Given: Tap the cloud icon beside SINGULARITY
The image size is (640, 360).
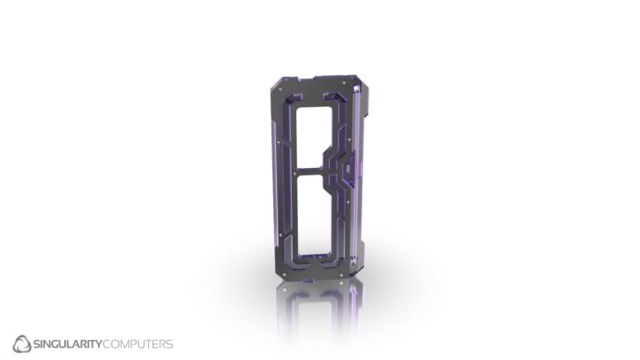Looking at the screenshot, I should [22, 344].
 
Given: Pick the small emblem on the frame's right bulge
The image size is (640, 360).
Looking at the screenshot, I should [348, 170].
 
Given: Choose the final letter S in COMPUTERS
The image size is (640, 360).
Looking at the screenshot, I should [169, 344].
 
